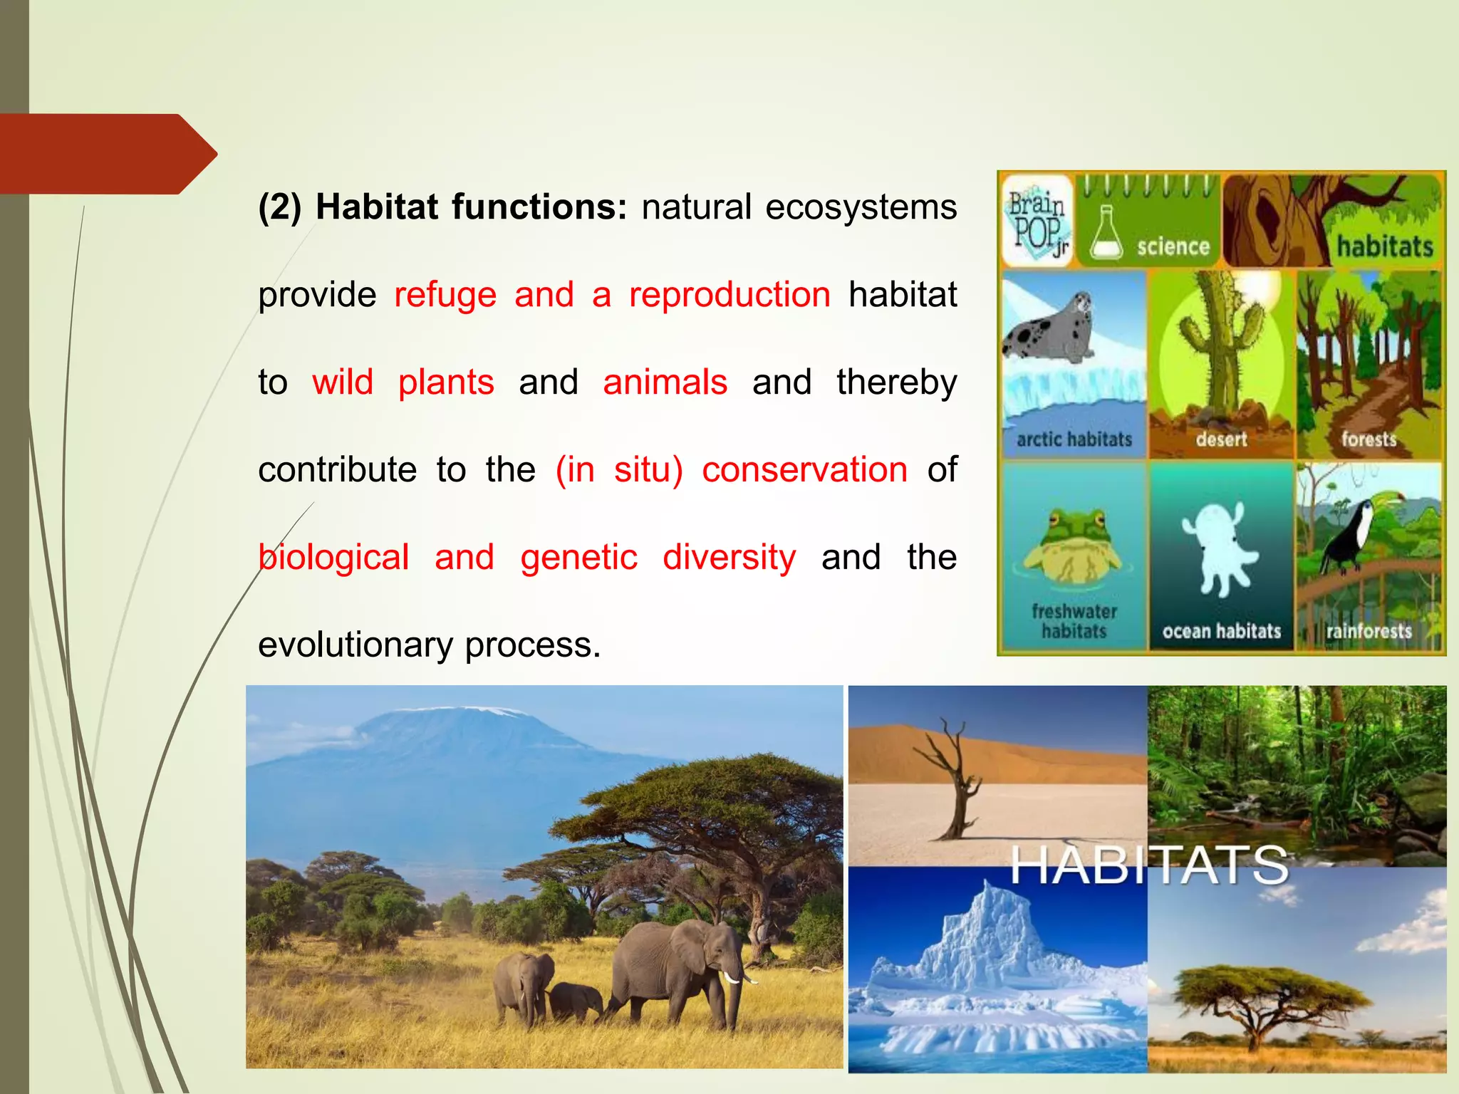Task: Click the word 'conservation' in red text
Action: point(804,470)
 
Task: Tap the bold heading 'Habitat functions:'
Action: point(471,207)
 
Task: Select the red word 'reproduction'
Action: point(729,295)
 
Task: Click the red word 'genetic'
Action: point(578,558)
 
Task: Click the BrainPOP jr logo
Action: point(1037,222)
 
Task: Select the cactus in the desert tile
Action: point(1219,342)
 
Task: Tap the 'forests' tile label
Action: point(1369,439)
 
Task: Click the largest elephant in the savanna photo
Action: point(677,969)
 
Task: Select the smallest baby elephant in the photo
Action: point(574,1001)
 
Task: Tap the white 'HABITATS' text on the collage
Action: point(1148,865)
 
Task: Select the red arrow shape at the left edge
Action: point(107,154)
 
